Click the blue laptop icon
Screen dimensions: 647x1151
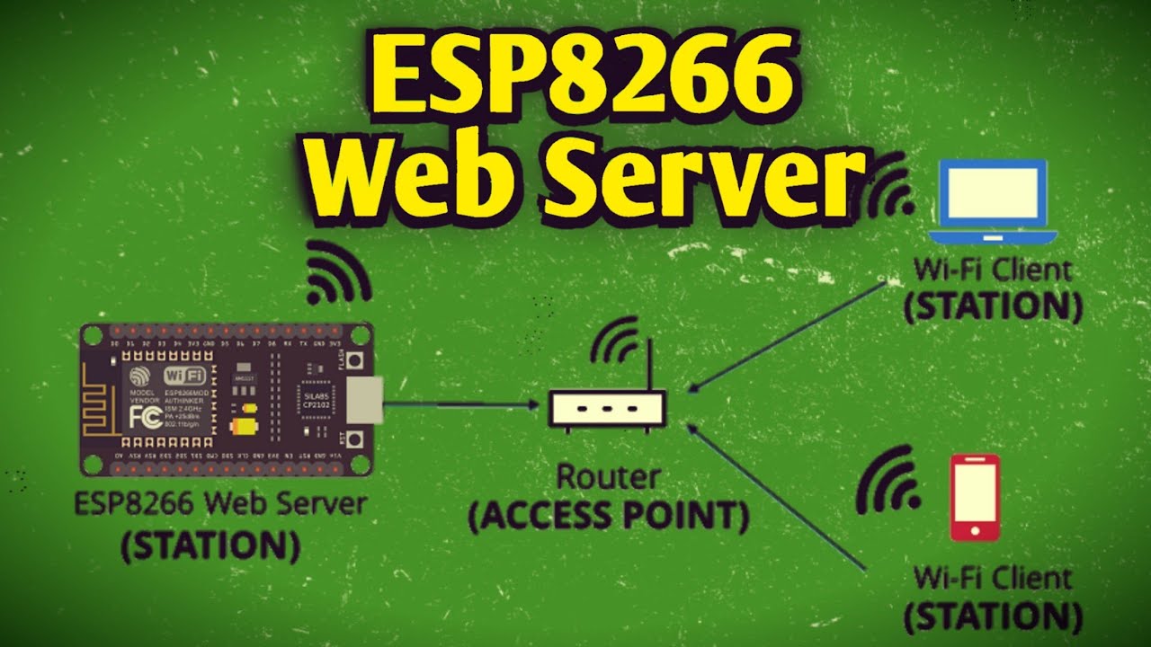992,203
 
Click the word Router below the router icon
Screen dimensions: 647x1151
609,476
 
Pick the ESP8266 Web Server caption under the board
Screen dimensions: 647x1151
221,503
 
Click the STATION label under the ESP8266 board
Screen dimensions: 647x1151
210,545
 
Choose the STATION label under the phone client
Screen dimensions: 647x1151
992,616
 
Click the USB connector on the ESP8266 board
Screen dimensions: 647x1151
365,399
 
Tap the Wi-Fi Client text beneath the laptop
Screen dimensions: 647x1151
992,269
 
